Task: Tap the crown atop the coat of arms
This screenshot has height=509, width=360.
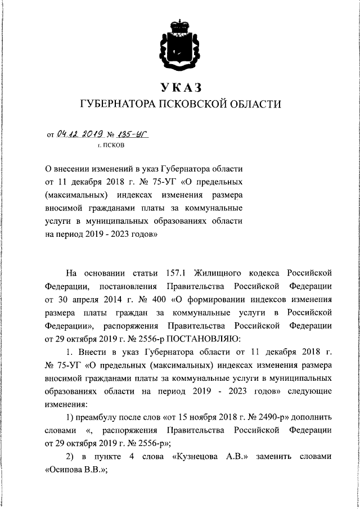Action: [179, 25]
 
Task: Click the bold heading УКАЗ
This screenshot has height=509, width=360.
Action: [179, 87]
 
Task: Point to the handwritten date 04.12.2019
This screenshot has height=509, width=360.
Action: [80, 134]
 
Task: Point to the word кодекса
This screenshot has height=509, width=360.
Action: [265, 273]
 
